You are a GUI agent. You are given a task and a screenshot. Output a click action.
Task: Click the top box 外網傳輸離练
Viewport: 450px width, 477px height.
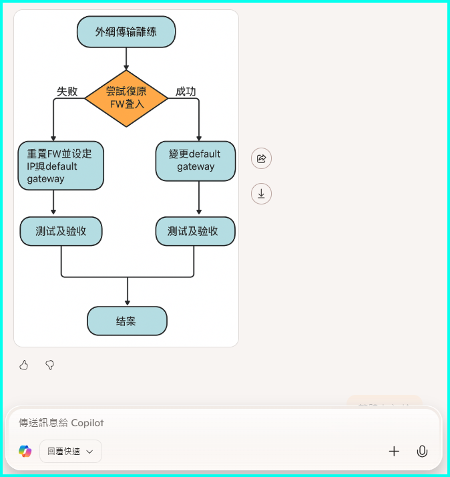pos(126,31)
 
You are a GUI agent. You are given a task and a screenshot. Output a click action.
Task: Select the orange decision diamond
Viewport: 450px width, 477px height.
pos(126,98)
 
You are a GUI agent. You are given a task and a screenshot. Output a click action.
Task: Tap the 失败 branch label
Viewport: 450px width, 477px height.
pos(67,92)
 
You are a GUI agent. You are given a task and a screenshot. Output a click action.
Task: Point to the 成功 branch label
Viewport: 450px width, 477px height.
pos(186,92)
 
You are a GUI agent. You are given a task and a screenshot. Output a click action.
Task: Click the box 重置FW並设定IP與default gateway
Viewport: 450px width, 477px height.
pos(61,166)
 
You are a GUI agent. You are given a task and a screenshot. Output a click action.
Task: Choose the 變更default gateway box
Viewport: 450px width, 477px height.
pos(196,160)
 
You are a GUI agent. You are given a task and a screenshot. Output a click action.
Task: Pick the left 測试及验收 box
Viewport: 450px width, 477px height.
pos(61,231)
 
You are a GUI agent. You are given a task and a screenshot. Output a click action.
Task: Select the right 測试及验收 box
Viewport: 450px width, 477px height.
pos(196,231)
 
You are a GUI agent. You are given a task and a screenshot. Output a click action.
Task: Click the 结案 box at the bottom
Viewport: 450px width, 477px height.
pos(127,321)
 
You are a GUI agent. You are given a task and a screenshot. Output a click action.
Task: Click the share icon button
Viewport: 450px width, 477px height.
pos(261,158)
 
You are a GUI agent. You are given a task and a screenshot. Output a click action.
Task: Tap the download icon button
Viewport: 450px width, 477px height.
pos(261,194)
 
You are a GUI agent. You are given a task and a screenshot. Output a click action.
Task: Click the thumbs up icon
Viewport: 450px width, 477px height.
pos(24,365)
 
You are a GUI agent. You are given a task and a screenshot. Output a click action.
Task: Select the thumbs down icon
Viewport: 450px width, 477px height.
pos(49,365)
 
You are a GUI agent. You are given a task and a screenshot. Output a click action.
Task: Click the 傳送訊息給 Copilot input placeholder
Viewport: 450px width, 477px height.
pos(61,423)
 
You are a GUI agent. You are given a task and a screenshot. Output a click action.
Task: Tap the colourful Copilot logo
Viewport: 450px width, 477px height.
pos(25,451)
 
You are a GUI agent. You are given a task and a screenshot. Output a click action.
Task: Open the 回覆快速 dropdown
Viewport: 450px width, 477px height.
pos(71,451)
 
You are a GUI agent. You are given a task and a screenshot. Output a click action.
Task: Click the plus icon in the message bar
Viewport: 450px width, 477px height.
pos(394,451)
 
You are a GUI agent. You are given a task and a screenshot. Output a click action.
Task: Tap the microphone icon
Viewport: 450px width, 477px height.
pos(422,451)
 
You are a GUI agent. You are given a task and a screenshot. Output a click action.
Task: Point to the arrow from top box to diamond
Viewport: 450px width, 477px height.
pos(126,59)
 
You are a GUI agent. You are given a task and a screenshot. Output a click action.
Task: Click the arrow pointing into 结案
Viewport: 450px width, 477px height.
pos(127,293)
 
